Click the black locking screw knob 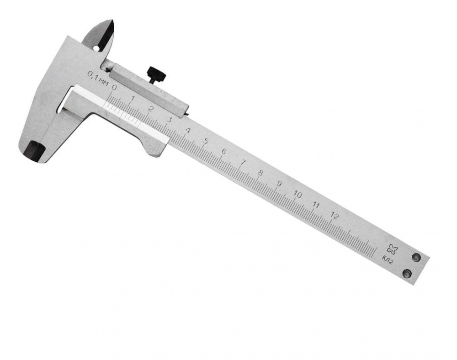(157, 74)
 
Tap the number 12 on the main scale (335, 216)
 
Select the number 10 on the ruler (298, 194)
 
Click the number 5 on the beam (206, 142)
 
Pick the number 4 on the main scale (188, 131)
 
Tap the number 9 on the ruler (279, 184)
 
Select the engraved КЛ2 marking (388, 259)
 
